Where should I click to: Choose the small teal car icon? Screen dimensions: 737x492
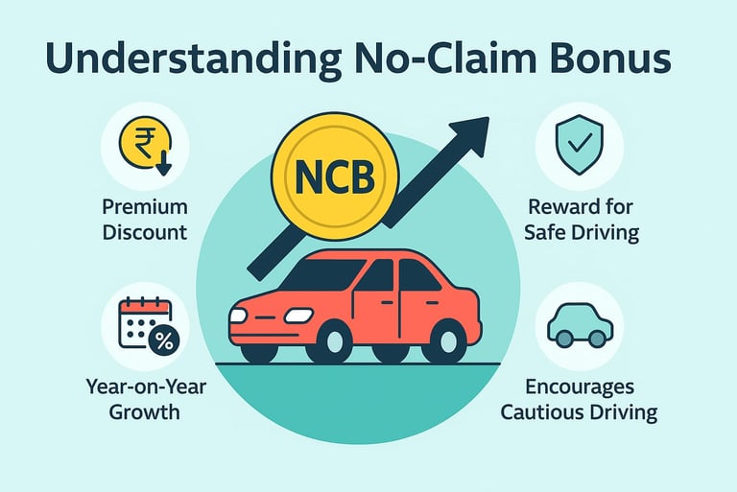click(x=580, y=326)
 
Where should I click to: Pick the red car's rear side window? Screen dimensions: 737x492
click(x=418, y=276)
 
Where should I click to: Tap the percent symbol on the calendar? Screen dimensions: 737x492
click(x=164, y=339)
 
